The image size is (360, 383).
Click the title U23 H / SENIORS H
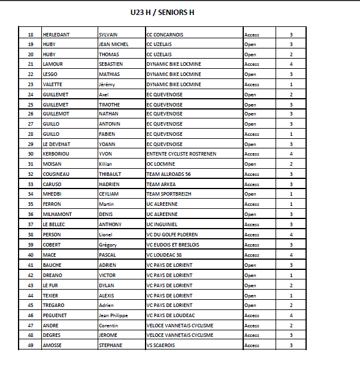click(162, 12)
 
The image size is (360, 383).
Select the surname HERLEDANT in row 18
click(56, 35)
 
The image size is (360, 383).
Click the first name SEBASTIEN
click(111, 65)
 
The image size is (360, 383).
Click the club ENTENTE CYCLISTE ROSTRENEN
click(181, 154)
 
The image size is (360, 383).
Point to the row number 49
click(31, 345)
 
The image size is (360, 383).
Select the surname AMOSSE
click(53, 345)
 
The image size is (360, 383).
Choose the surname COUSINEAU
click(57, 174)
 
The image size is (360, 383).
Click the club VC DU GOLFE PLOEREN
click(174, 235)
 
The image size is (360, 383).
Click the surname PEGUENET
click(56, 315)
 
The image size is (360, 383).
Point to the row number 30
click(31, 154)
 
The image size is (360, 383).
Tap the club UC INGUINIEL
click(162, 224)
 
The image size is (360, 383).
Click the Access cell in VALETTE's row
click(252, 84)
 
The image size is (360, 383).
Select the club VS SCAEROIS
click(161, 345)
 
